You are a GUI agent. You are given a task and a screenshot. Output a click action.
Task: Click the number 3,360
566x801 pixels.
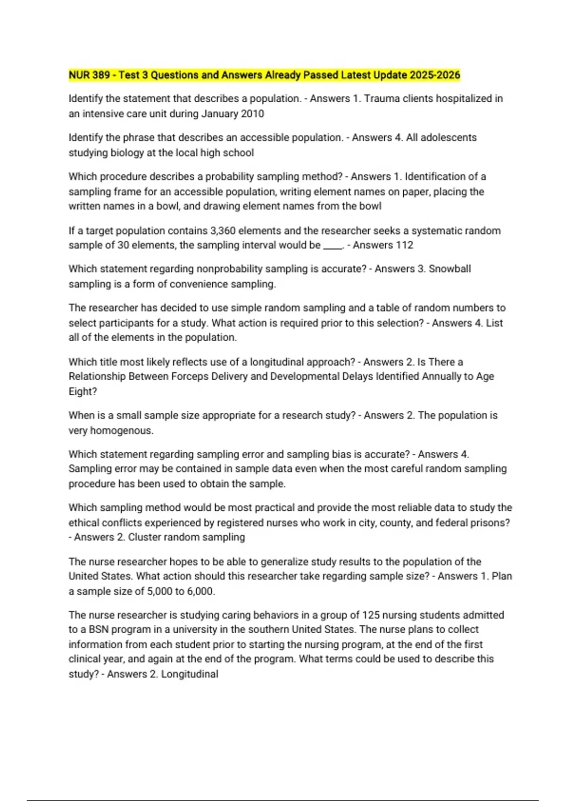pos(223,230)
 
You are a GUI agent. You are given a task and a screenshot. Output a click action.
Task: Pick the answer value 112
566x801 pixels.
pos(404,245)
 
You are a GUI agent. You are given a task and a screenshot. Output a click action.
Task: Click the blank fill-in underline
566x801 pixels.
pos(333,246)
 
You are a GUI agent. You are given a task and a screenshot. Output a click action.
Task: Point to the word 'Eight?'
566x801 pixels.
pos(83,391)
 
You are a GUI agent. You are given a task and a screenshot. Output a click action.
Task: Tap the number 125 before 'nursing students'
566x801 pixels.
pos(371,615)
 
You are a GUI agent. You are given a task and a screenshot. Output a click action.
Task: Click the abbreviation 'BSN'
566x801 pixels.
pos(99,629)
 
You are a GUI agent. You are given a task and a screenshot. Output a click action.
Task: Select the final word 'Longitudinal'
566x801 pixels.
pos(190,674)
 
